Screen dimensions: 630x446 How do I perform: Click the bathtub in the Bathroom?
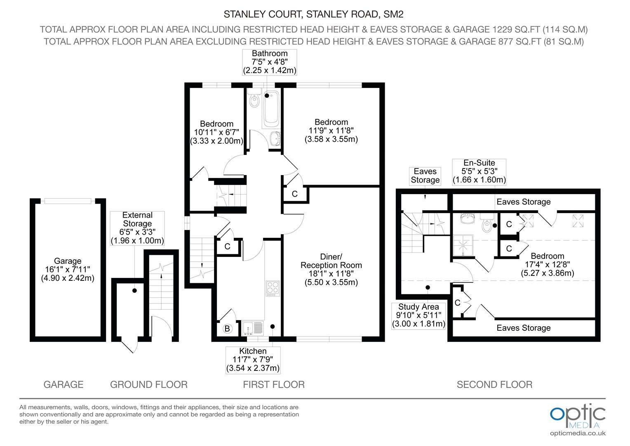(271, 109)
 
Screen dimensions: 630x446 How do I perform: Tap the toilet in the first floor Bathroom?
(254, 98)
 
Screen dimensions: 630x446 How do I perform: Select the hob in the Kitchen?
(273, 288)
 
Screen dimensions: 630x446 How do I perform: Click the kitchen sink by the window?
(253, 328)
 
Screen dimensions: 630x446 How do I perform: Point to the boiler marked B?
(227, 329)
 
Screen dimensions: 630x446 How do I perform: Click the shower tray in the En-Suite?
(463, 245)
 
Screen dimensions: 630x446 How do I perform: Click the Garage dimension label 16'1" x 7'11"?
(68, 269)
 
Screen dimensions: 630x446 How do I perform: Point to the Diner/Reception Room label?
(331, 261)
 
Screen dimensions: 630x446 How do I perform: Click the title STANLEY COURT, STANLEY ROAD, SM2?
(313, 14)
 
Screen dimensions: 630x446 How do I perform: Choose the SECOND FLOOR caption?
(494, 384)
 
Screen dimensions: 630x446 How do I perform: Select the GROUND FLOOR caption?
(149, 384)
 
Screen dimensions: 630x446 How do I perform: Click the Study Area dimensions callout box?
(418, 316)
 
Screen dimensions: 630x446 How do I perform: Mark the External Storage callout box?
(137, 228)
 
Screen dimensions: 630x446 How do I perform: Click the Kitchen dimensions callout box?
(253, 360)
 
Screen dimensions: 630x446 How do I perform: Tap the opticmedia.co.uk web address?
(578, 434)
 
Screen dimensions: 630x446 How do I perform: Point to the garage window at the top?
(68, 201)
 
